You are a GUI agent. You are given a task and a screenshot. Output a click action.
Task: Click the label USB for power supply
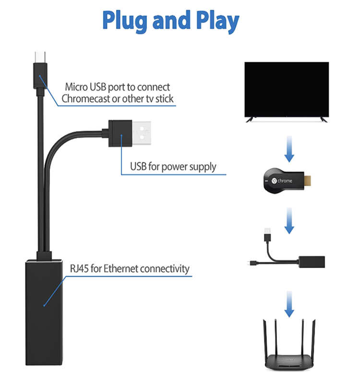click(173, 167)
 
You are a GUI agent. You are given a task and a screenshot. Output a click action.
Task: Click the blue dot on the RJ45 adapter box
click(44, 304)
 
